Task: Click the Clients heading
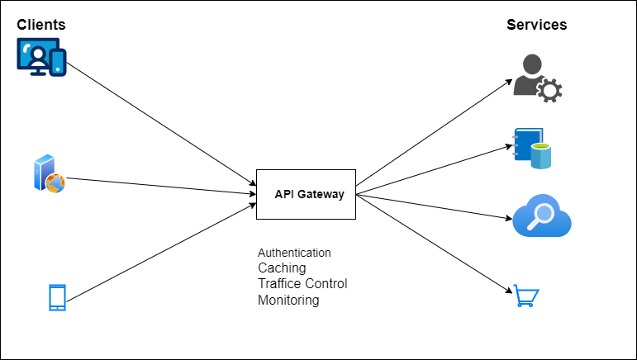(41, 25)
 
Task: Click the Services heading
(536, 25)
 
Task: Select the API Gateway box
(306, 194)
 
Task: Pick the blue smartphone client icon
(57, 298)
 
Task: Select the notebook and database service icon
(532, 149)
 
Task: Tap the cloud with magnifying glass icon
(542, 218)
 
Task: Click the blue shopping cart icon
(526, 295)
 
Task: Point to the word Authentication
(294, 253)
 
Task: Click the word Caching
(282, 268)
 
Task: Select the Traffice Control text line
(302, 284)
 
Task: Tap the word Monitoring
(288, 301)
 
